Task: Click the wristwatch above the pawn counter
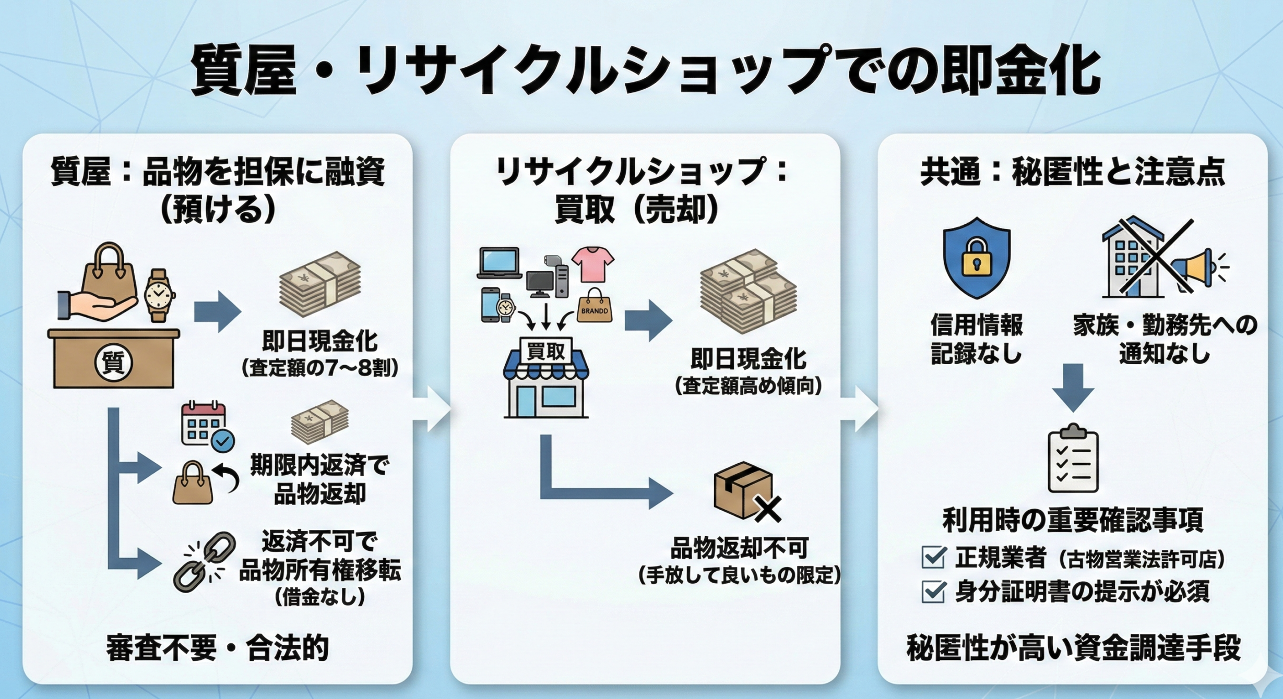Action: [x=158, y=295]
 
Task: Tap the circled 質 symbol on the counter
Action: [x=113, y=363]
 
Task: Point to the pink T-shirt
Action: [x=593, y=264]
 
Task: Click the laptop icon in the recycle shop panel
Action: [x=500, y=263]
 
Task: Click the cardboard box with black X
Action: [x=745, y=491]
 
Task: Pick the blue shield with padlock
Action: [x=976, y=258]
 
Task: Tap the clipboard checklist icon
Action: [x=1073, y=459]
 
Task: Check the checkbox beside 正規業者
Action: [x=933, y=557]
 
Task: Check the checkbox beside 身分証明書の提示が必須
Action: [x=933, y=592]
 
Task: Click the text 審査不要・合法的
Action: [x=217, y=648]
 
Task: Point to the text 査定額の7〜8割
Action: [x=319, y=368]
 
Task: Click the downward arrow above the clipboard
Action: [x=1073, y=387]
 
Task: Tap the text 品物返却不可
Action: [x=739, y=548]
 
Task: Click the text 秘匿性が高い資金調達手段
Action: [x=1073, y=648]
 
